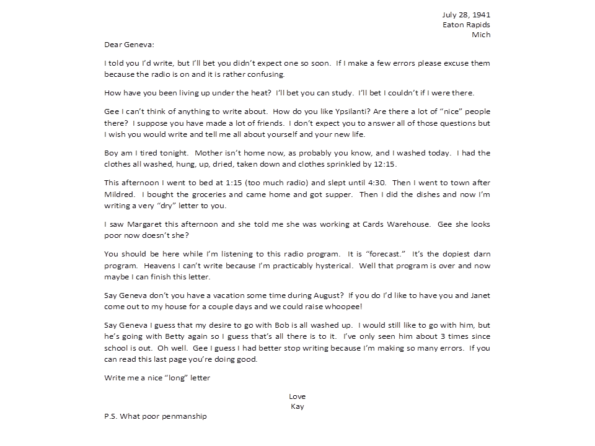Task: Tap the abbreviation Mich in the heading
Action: tap(481, 35)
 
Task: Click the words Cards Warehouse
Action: tap(390, 224)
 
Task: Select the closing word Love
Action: tap(297, 396)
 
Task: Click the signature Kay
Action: tap(297, 406)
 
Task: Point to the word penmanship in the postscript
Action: tap(183, 416)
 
